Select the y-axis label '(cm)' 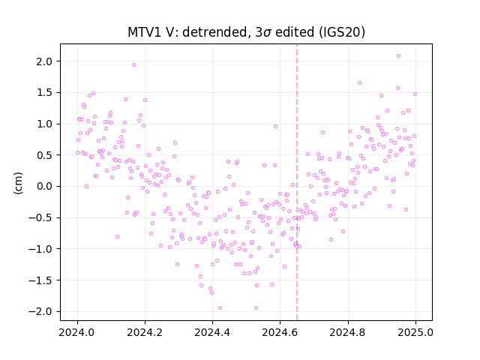[18, 183]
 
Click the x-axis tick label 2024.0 [77, 332]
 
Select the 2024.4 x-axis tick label [212, 332]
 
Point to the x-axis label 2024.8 [347, 332]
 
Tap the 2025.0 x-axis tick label [415, 332]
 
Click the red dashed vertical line [297, 182]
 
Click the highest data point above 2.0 [398, 56]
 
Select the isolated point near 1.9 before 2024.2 [133, 65]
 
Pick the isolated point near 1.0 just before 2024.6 [275, 127]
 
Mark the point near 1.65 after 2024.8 [359, 83]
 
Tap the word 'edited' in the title [295, 32]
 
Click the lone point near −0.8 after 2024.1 [117, 237]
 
